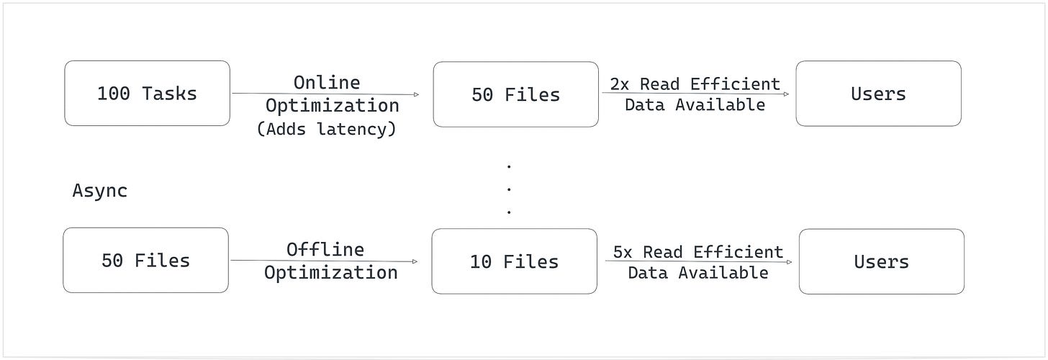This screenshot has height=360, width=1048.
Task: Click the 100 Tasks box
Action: tap(147, 94)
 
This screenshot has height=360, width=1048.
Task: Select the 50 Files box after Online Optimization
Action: tap(515, 94)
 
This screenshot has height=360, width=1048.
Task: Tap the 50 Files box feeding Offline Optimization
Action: tap(145, 261)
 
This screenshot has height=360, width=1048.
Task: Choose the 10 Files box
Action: tap(514, 261)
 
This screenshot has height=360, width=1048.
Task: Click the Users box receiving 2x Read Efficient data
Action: tap(878, 94)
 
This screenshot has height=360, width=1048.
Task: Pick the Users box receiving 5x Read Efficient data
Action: tap(881, 261)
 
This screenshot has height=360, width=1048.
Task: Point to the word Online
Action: tap(327, 82)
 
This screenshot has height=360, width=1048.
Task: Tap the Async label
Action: tap(100, 191)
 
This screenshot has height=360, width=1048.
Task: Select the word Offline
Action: tap(325, 249)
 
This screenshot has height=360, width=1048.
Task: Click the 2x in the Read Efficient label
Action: tap(620, 84)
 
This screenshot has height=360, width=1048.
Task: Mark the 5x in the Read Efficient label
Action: tap(623, 252)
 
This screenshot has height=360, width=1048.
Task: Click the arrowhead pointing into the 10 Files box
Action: tap(415, 262)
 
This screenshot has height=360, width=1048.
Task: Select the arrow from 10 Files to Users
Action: tap(698, 262)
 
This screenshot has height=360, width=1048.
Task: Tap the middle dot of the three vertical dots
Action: tap(509, 189)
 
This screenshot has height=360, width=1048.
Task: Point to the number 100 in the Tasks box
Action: tap(114, 94)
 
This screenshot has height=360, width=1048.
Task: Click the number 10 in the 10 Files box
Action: tap(480, 261)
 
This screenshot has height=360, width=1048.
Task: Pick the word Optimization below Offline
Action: tap(330, 272)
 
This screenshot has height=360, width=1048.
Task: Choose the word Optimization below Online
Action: tap(332, 105)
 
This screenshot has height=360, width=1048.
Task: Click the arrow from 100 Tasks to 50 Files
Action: tap(324, 94)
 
